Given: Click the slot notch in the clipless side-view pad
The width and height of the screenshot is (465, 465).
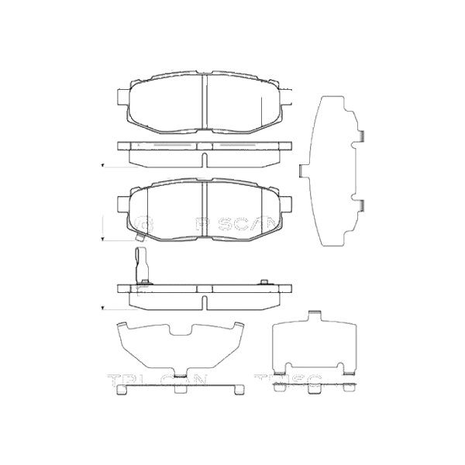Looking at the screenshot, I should point(204,160).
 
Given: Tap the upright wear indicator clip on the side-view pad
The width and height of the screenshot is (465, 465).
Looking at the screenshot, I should point(140,264).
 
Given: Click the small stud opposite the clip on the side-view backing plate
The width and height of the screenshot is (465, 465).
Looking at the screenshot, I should point(264,282).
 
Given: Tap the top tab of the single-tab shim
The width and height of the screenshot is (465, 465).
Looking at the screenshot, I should point(315,315).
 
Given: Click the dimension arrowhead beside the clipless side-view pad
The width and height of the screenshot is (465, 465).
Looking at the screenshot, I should point(104,166).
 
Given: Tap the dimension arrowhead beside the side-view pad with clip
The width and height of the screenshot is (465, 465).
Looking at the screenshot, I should point(104,308).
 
